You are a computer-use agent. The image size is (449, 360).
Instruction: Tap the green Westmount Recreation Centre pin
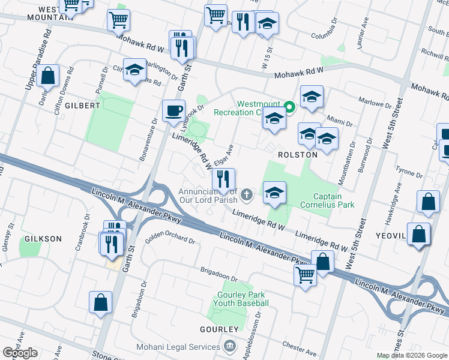289,108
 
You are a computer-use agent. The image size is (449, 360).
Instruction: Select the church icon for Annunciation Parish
246,194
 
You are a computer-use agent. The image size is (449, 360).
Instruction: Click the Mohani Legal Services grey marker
229,347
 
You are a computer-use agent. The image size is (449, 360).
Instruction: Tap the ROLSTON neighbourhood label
297,155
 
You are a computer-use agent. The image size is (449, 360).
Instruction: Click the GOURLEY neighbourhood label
220,330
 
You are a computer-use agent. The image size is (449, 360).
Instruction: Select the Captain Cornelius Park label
333,200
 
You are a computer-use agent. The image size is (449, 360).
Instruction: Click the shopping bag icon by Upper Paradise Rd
47,77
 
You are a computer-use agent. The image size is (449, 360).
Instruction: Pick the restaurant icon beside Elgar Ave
223,179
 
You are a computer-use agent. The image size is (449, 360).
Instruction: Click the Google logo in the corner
20,353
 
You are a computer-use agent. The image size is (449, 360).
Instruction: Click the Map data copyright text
412,355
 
